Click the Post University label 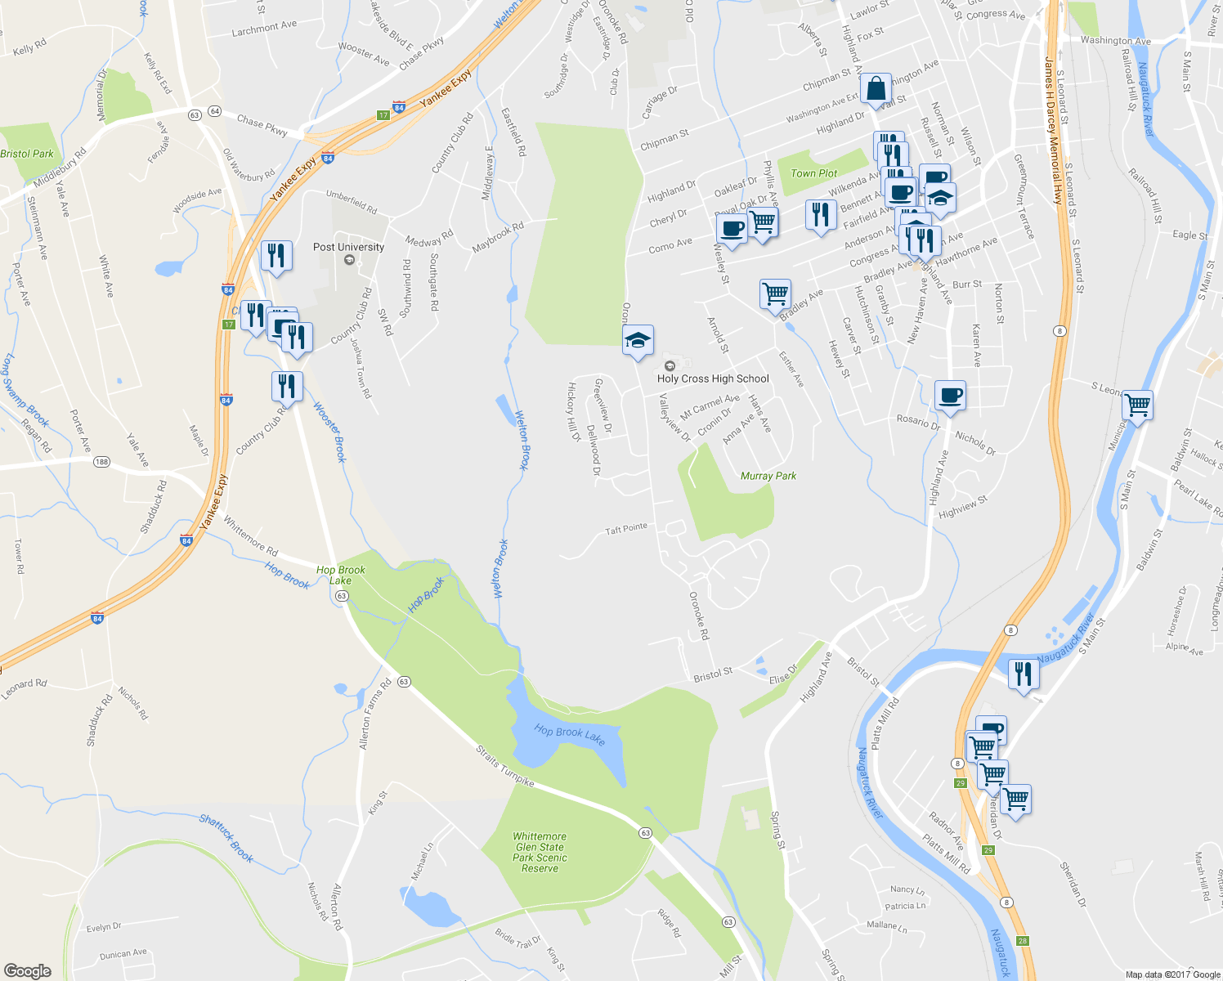coord(348,247)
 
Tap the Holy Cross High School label coord(713,379)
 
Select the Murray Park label coord(768,476)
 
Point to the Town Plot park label coord(813,173)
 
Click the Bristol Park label coord(27,154)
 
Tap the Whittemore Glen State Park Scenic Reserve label coord(540,852)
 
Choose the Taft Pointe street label coord(626,530)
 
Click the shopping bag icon coord(876,89)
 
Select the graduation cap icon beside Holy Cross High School coord(638,340)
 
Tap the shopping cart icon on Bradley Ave coord(774,293)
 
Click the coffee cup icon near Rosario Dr coord(950,396)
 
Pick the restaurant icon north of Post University coord(276,255)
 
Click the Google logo coord(28,971)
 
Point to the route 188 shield coord(101,462)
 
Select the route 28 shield coord(1023,941)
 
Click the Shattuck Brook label coord(226,838)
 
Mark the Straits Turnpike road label coord(506,766)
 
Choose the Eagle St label coord(1189,235)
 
